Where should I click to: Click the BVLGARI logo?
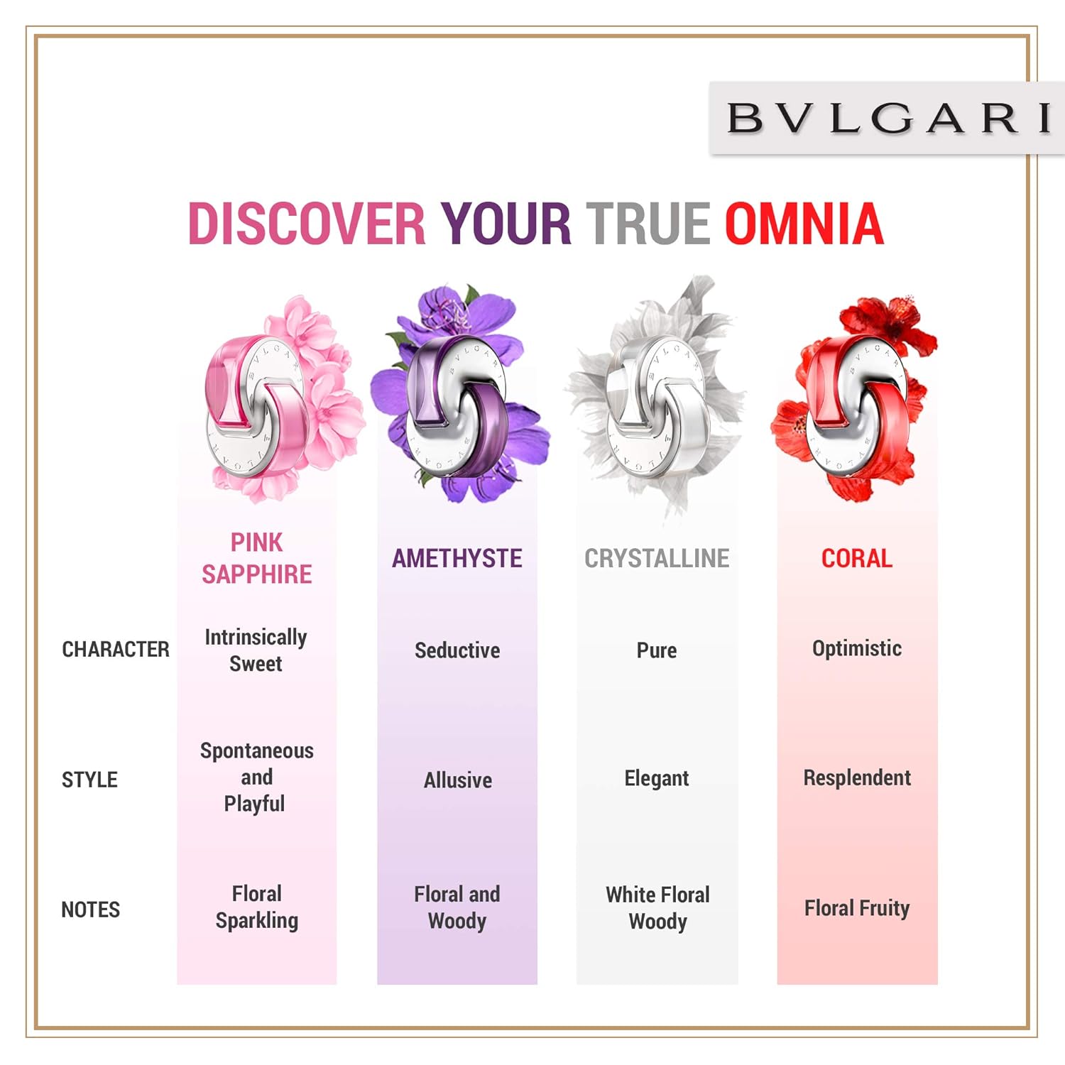coord(887,118)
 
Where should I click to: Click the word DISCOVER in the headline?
coord(307,224)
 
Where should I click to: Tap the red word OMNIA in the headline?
coord(804,224)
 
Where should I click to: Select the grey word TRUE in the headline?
coord(648,224)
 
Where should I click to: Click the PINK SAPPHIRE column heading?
coord(256,558)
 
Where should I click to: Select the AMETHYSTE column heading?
coord(457,559)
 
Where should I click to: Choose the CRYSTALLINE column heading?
coord(657,559)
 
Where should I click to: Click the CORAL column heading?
coord(857,559)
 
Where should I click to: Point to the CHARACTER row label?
coord(116,649)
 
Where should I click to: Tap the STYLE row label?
coord(89,780)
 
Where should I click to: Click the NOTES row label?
coord(90,910)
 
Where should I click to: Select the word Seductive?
coord(457,650)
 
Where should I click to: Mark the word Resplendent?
coord(857,778)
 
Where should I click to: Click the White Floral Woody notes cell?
coord(657,908)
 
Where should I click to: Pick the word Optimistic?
coord(857,649)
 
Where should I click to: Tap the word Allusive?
coord(458,780)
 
